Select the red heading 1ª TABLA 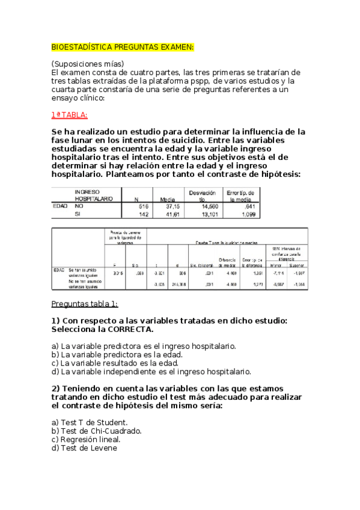69,115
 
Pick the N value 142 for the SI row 142,214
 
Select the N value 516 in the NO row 142,206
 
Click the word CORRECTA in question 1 126,329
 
